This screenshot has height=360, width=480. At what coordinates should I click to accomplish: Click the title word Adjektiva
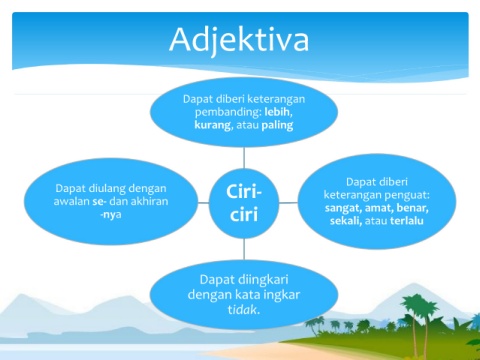pyautogui.click(x=239, y=40)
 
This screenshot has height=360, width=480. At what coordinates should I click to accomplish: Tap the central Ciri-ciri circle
pyautogui.click(x=244, y=203)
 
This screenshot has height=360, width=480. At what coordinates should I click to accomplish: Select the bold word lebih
pyautogui.click(x=277, y=112)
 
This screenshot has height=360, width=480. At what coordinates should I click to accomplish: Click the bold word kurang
pyautogui.click(x=212, y=125)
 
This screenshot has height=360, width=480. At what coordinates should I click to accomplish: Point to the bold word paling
pyautogui.click(x=277, y=125)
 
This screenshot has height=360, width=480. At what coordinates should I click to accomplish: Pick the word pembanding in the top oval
pyautogui.click(x=228, y=112)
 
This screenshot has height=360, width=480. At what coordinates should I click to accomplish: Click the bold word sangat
pyautogui.click(x=343, y=209)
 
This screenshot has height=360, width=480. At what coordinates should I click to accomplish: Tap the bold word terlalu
pyautogui.click(x=407, y=221)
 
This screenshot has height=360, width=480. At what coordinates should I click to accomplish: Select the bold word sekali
pyautogui.click(x=345, y=221)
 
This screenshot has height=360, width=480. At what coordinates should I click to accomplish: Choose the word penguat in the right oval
pyautogui.click(x=412, y=195)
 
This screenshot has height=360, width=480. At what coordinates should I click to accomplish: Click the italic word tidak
pyautogui.click(x=243, y=310)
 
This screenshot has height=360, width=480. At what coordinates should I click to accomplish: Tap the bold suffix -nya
pyautogui.click(x=111, y=215)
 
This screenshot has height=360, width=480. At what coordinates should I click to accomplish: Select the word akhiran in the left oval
pyautogui.click(x=149, y=201)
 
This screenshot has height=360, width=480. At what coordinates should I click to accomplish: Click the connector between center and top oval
pyautogui.click(x=244, y=158)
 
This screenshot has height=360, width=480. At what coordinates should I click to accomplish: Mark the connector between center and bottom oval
pyautogui.click(x=244, y=249)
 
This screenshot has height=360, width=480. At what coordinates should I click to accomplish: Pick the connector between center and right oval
pyautogui.click(x=288, y=202)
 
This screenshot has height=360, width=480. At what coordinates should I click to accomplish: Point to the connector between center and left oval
pyautogui.click(x=203, y=202)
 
